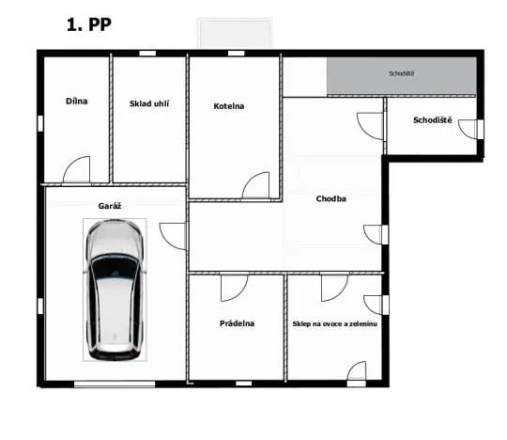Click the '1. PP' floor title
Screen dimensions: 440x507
click(88, 25)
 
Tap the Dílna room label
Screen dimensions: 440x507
click(76, 101)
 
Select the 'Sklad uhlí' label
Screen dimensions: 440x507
click(148, 103)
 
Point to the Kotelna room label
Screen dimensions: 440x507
click(228, 106)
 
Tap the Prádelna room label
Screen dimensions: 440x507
click(238, 323)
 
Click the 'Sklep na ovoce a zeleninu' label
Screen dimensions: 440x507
click(334, 323)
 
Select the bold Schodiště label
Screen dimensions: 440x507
click(432, 120)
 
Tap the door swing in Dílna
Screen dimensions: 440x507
click(75, 171)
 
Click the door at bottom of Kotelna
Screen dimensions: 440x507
click(255, 186)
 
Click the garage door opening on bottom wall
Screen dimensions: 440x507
click(114, 384)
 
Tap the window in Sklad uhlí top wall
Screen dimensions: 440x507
click(148, 52)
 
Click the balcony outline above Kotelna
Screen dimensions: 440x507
click(233, 33)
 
